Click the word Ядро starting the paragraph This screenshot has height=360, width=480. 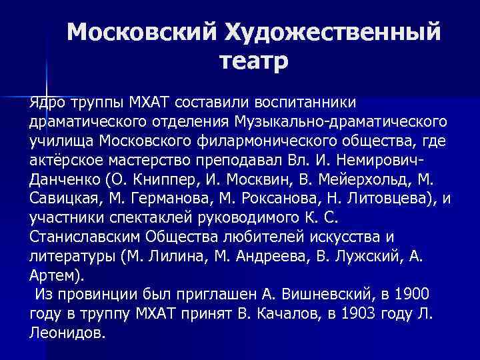click(45, 103)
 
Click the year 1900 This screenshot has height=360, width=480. click(412, 295)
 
